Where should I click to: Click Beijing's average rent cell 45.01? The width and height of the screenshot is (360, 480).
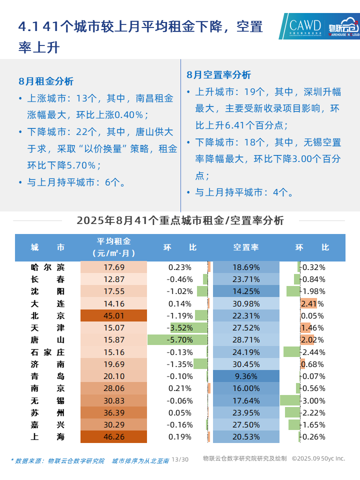[114, 315]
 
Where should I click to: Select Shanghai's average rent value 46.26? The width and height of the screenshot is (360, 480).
[114, 437]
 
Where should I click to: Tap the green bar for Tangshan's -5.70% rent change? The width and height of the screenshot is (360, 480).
[177, 340]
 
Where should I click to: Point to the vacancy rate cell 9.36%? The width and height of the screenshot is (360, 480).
[246, 376]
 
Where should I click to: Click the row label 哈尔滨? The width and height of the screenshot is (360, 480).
[47, 267]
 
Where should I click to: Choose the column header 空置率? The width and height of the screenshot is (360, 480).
[246, 247]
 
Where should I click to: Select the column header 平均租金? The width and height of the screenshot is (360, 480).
[114, 242]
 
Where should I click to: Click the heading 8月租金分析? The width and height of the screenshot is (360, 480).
[45, 81]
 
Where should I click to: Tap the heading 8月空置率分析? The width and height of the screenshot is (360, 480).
[218, 75]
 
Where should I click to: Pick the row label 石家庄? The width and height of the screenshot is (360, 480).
[47, 352]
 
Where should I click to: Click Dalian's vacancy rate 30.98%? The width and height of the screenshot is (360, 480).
[246, 303]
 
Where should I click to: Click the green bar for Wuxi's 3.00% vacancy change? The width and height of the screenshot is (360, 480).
[290, 400]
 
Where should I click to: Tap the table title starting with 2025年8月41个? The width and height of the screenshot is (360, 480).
[180, 220]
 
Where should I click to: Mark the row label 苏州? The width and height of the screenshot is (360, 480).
[47, 412]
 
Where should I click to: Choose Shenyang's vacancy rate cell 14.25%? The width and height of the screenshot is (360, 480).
[246, 291]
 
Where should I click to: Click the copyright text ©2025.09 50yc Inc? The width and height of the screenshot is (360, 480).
[318, 458]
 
